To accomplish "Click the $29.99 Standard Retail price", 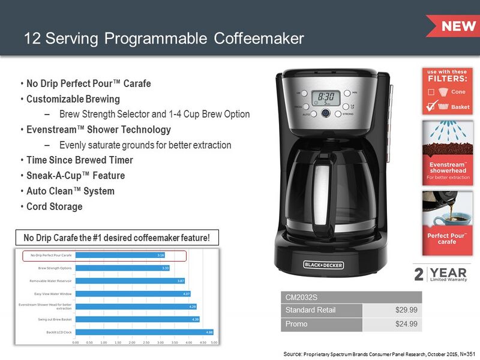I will pyautogui.click(x=406, y=310).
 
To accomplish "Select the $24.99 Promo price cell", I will pyautogui.click(x=406, y=324).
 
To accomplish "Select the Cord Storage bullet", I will pyautogui.click(x=55, y=206).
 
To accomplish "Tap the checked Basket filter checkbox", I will pyautogui.click(x=430, y=106).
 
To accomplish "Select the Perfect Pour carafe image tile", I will pyautogui.click(x=446, y=221).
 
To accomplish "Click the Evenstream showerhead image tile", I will pyautogui.click(x=446, y=152).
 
